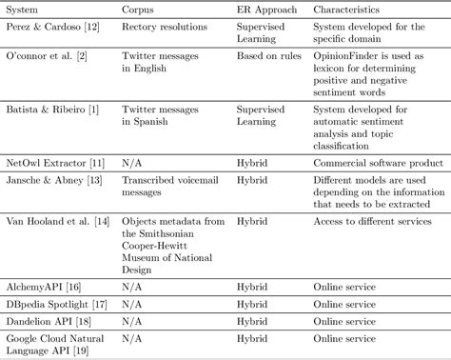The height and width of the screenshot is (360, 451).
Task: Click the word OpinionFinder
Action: (x=345, y=58)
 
